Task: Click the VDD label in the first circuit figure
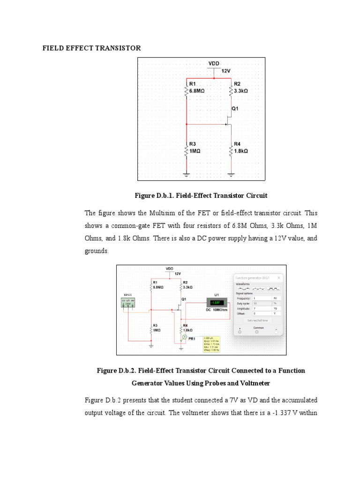point(214,63)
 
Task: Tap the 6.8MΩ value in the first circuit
point(197,91)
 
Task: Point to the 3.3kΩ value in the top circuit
point(241,91)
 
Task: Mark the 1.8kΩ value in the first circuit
point(241,151)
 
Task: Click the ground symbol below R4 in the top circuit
point(231,174)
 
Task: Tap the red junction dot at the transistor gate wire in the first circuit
point(187,124)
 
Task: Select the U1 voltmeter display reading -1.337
point(216,302)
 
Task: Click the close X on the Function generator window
point(279,277)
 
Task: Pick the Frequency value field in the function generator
point(262,298)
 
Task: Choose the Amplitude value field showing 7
point(262,309)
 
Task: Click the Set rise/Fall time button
point(258,320)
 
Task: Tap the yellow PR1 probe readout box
point(211,344)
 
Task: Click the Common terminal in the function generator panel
point(256,331)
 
